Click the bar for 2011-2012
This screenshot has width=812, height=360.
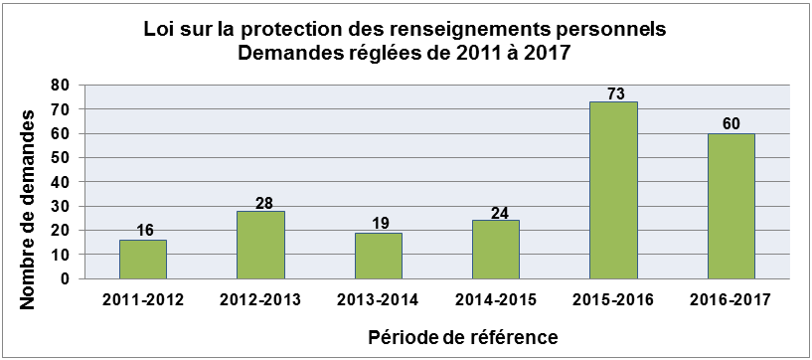pos(143,260)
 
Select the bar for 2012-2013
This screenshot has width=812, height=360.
pos(260,245)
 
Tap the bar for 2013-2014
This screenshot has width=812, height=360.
pos(378,256)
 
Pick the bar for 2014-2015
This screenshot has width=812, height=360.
pos(495,250)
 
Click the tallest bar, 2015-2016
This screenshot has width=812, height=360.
pos(613,190)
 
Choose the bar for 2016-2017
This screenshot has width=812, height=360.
pos(731,206)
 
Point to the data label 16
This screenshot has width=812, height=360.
pos(143,231)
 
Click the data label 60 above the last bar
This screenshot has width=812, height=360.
pos(731,124)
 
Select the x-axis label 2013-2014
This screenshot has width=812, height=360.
pos(378,298)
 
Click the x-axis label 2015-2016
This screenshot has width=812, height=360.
pos(613,298)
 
